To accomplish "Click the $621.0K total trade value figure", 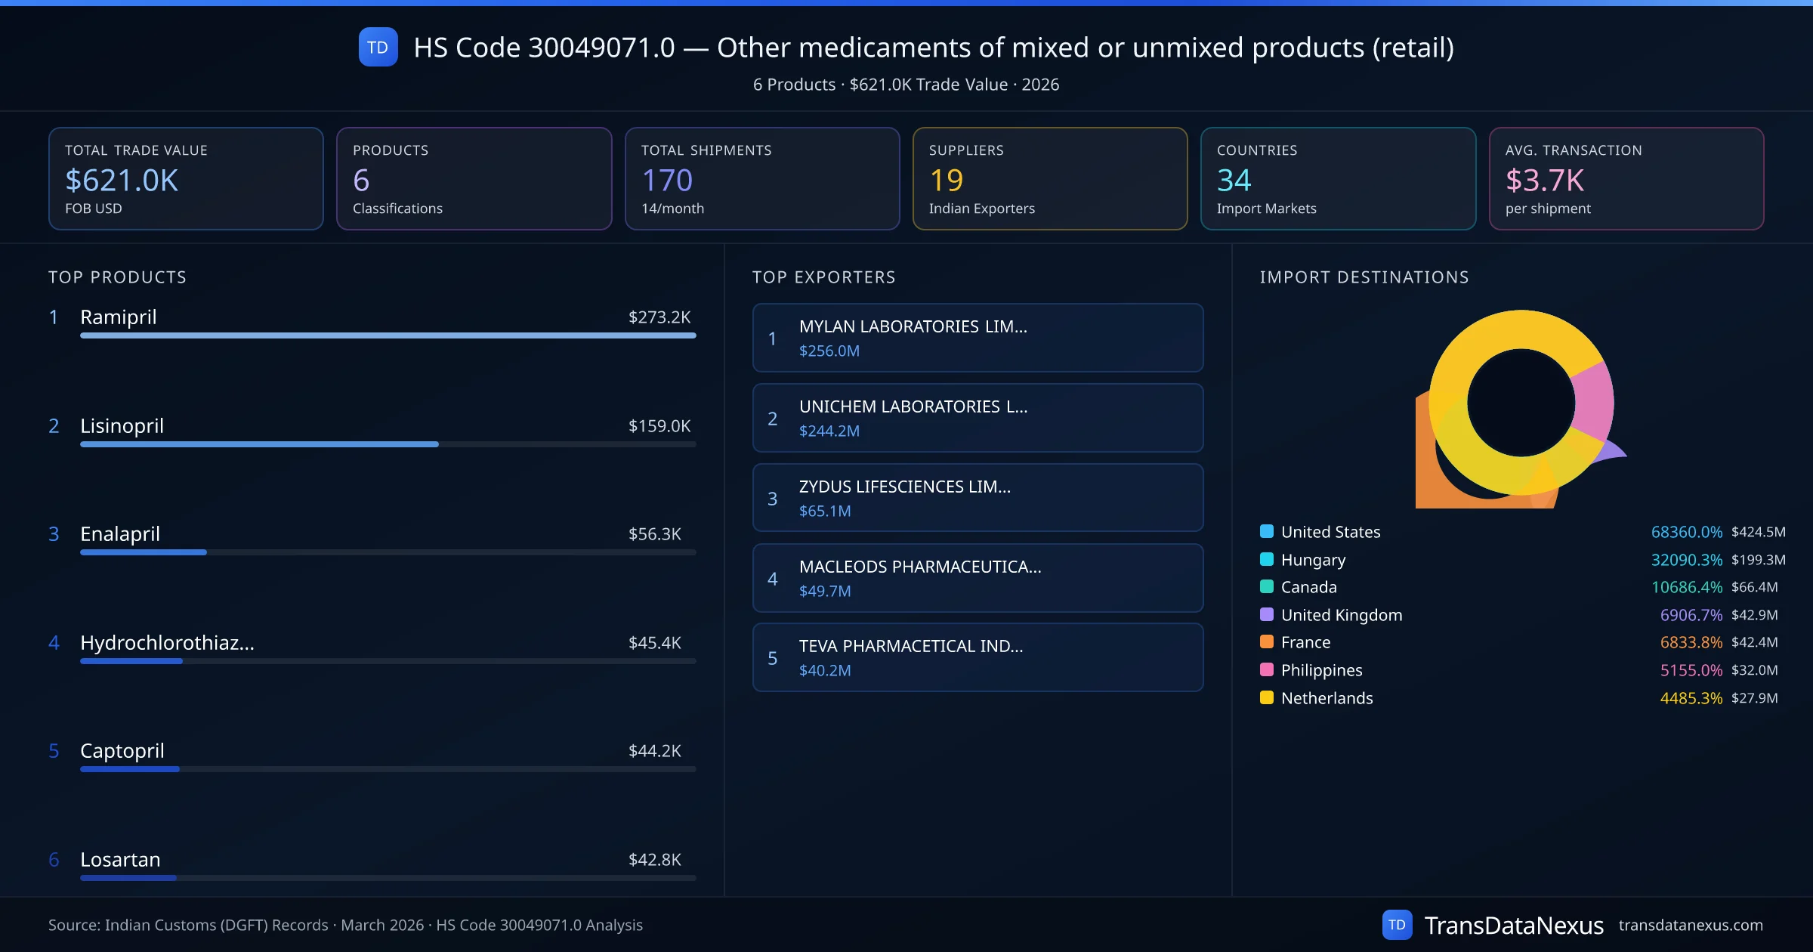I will [122, 181].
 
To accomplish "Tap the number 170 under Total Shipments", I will [666, 181].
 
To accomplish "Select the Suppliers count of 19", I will [946, 181].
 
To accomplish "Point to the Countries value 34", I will [1234, 181].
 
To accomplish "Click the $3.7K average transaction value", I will [1544, 181].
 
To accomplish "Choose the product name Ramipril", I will [119, 317].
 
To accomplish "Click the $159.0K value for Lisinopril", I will [659, 426].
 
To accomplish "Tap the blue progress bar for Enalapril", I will [144, 552].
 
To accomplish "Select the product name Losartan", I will [120, 860].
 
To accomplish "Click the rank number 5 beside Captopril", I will [54, 751].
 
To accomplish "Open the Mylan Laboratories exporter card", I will [978, 338].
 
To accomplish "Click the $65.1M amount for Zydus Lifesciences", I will [825, 512].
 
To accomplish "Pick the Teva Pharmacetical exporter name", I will [911, 647].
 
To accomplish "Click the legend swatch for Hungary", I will [1267, 560].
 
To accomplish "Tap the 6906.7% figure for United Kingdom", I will [1691, 615].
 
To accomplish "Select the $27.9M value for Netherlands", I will [1754, 698].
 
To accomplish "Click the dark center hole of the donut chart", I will [1521, 403].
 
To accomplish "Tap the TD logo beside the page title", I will [378, 48].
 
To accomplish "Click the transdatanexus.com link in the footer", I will [1691, 926].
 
